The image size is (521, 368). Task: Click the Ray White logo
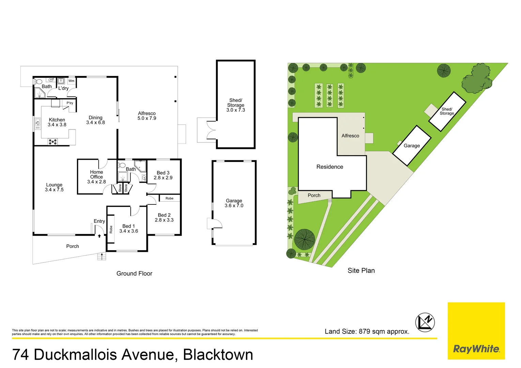pyautogui.click(x=476, y=349)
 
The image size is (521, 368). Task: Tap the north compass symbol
pyautogui.click(x=425, y=322)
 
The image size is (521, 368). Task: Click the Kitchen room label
pyautogui.click(x=57, y=120)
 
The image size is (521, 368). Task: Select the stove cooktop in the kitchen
pyautogui.click(x=53, y=142)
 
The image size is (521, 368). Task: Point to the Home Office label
pyautogui.click(x=96, y=174)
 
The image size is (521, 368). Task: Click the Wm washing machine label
pyautogui.click(x=71, y=81)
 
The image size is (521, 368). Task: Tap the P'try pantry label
pyautogui.click(x=70, y=103)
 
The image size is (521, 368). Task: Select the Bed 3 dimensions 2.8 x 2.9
pyautogui.click(x=163, y=178)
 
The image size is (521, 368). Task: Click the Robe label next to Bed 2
pyautogui.click(x=169, y=198)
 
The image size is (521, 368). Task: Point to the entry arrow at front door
pyautogui.click(x=99, y=236)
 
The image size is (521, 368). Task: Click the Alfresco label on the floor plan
pyautogui.click(x=147, y=113)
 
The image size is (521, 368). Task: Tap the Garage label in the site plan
pyautogui.click(x=412, y=146)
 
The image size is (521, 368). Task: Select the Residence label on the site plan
pyautogui.click(x=330, y=167)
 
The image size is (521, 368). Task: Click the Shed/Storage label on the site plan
pyautogui.click(x=447, y=111)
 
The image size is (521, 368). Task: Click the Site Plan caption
pyautogui.click(x=361, y=271)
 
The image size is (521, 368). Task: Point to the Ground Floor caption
pyautogui.click(x=134, y=274)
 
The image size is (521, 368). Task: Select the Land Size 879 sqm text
pyautogui.click(x=367, y=332)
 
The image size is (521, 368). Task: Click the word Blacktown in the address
pyautogui.click(x=218, y=355)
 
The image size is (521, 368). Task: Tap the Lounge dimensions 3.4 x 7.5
pyautogui.click(x=54, y=190)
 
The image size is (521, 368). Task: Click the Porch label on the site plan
pyautogui.click(x=314, y=196)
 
